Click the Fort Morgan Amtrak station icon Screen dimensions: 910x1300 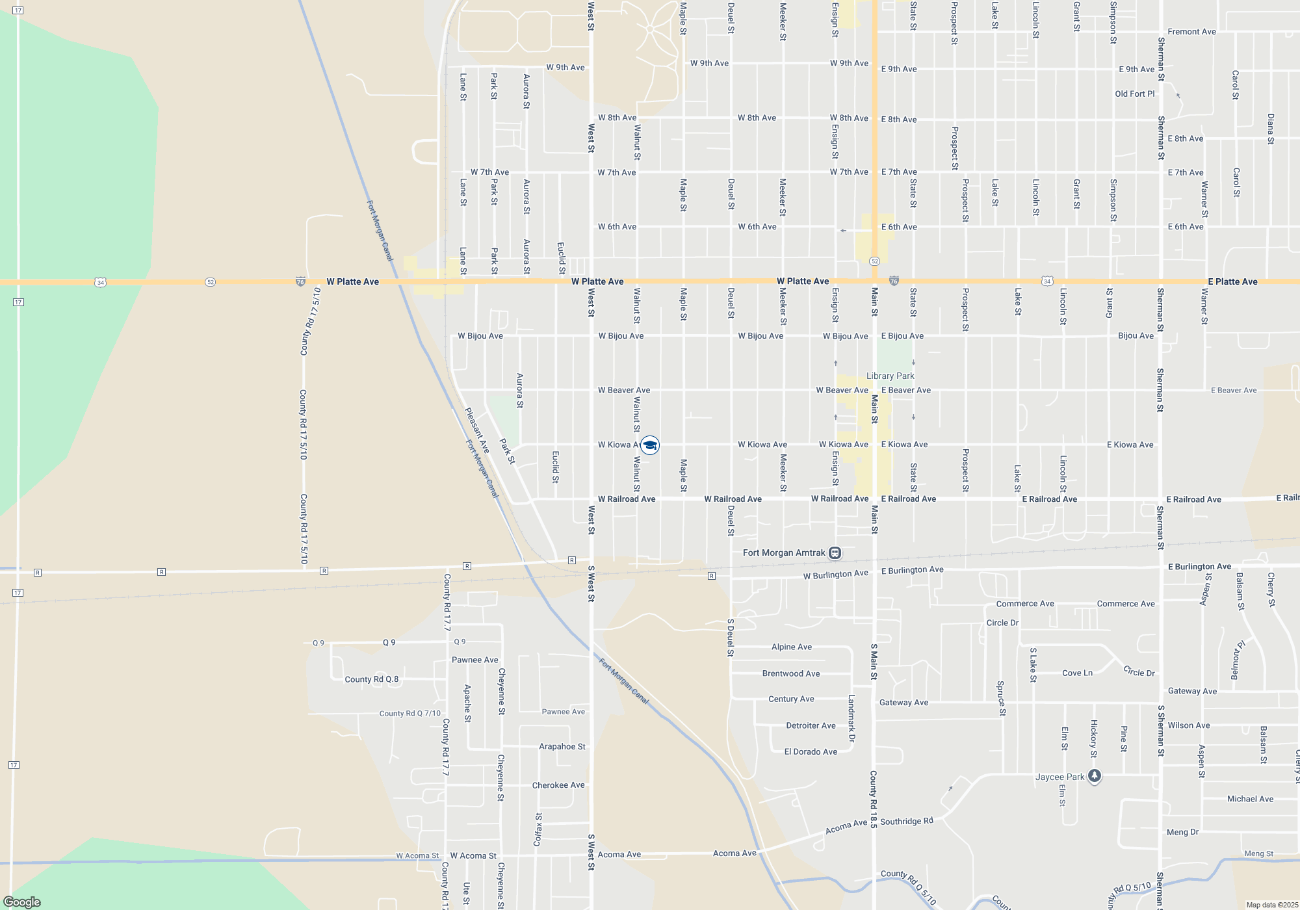[x=835, y=553]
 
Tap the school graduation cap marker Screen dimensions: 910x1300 [x=650, y=445]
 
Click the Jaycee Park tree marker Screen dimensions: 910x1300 [x=1095, y=776]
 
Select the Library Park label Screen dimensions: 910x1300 [x=890, y=376]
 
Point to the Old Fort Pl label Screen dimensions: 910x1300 [x=1135, y=94]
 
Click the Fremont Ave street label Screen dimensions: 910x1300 [x=1191, y=31]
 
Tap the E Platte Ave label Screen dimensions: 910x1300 [x=1232, y=281]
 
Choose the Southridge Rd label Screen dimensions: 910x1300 [x=907, y=822]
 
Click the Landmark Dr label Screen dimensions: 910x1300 [x=851, y=718]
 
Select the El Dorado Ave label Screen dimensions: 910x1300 [x=811, y=751]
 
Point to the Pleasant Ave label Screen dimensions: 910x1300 [x=476, y=431]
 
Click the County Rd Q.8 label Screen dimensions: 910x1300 [x=371, y=679]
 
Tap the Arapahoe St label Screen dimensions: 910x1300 [x=562, y=746]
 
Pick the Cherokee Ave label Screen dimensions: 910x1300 [x=558, y=785]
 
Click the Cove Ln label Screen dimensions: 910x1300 [x=1077, y=673]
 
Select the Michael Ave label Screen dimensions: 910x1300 [x=1250, y=799]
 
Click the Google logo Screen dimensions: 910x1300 [x=21, y=902]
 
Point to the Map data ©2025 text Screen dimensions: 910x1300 [x=1272, y=905]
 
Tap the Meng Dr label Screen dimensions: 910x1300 [x=1182, y=832]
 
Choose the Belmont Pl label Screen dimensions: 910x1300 [x=1236, y=660]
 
